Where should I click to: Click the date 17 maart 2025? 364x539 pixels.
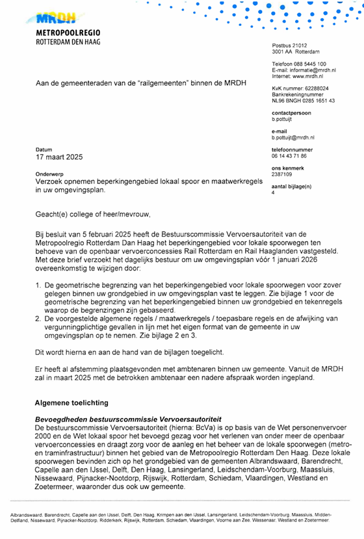[59, 157]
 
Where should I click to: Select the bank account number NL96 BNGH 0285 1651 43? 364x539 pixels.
[303, 101]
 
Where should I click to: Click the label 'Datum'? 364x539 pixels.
[44, 150]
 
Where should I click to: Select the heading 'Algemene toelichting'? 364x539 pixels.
[75, 403]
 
